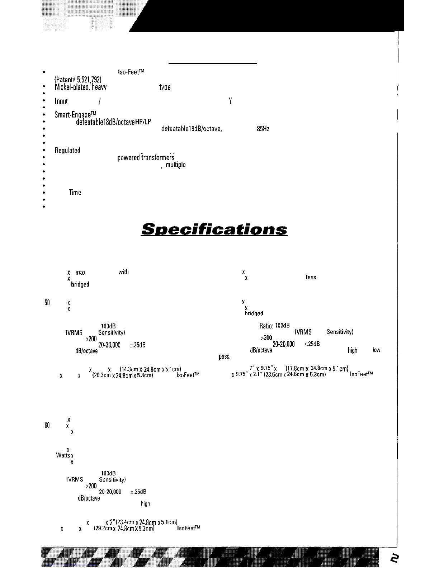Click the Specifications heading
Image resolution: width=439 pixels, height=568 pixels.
point(214,229)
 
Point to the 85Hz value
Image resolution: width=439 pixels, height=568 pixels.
point(263,129)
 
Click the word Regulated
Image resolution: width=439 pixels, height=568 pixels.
point(67,151)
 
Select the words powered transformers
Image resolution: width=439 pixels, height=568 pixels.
point(146,158)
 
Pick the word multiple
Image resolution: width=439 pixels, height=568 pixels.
point(176,165)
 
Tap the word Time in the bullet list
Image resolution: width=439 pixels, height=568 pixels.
point(75,193)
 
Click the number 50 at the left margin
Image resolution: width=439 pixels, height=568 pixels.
point(47,303)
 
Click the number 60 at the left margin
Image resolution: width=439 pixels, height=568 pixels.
point(47,426)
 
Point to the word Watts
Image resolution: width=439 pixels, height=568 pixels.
point(63,455)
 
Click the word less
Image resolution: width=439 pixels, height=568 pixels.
point(311,277)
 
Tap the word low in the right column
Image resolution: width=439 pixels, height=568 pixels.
point(376,350)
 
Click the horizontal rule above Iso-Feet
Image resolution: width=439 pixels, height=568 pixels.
point(213,63)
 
